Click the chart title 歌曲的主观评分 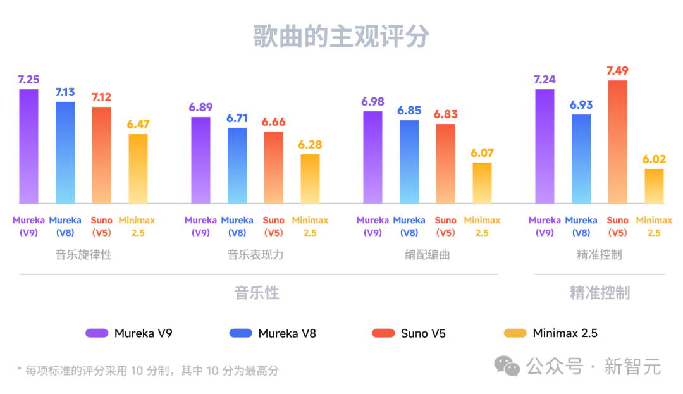pyautogui.click(x=341, y=37)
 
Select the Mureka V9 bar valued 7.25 pyautogui.click(x=28, y=146)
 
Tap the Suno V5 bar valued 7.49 pyautogui.click(x=618, y=142)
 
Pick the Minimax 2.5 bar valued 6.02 pyautogui.click(x=655, y=186)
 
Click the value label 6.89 pyautogui.click(x=200, y=106)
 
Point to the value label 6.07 pyautogui.click(x=482, y=152)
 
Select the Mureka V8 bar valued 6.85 pyautogui.click(x=409, y=161)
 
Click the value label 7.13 pyautogui.click(x=65, y=92)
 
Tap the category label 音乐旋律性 pyautogui.click(x=83, y=255)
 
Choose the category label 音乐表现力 pyautogui.click(x=255, y=255)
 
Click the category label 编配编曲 pyautogui.click(x=428, y=255)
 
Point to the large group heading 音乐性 pyautogui.click(x=257, y=293)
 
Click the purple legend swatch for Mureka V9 pyautogui.click(x=97, y=333)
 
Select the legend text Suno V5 pyautogui.click(x=423, y=333)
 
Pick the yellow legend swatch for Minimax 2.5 pyautogui.click(x=515, y=333)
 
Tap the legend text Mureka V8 pyautogui.click(x=287, y=333)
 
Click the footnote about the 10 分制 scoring pyautogui.click(x=148, y=371)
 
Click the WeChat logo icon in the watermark pyautogui.click(x=507, y=366)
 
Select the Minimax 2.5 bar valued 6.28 pyautogui.click(x=310, y=178)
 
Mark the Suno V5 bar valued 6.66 pyautogui.click(x=274, y=167)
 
